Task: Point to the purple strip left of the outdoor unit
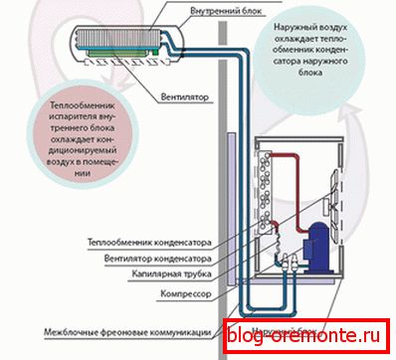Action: (236, 214)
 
